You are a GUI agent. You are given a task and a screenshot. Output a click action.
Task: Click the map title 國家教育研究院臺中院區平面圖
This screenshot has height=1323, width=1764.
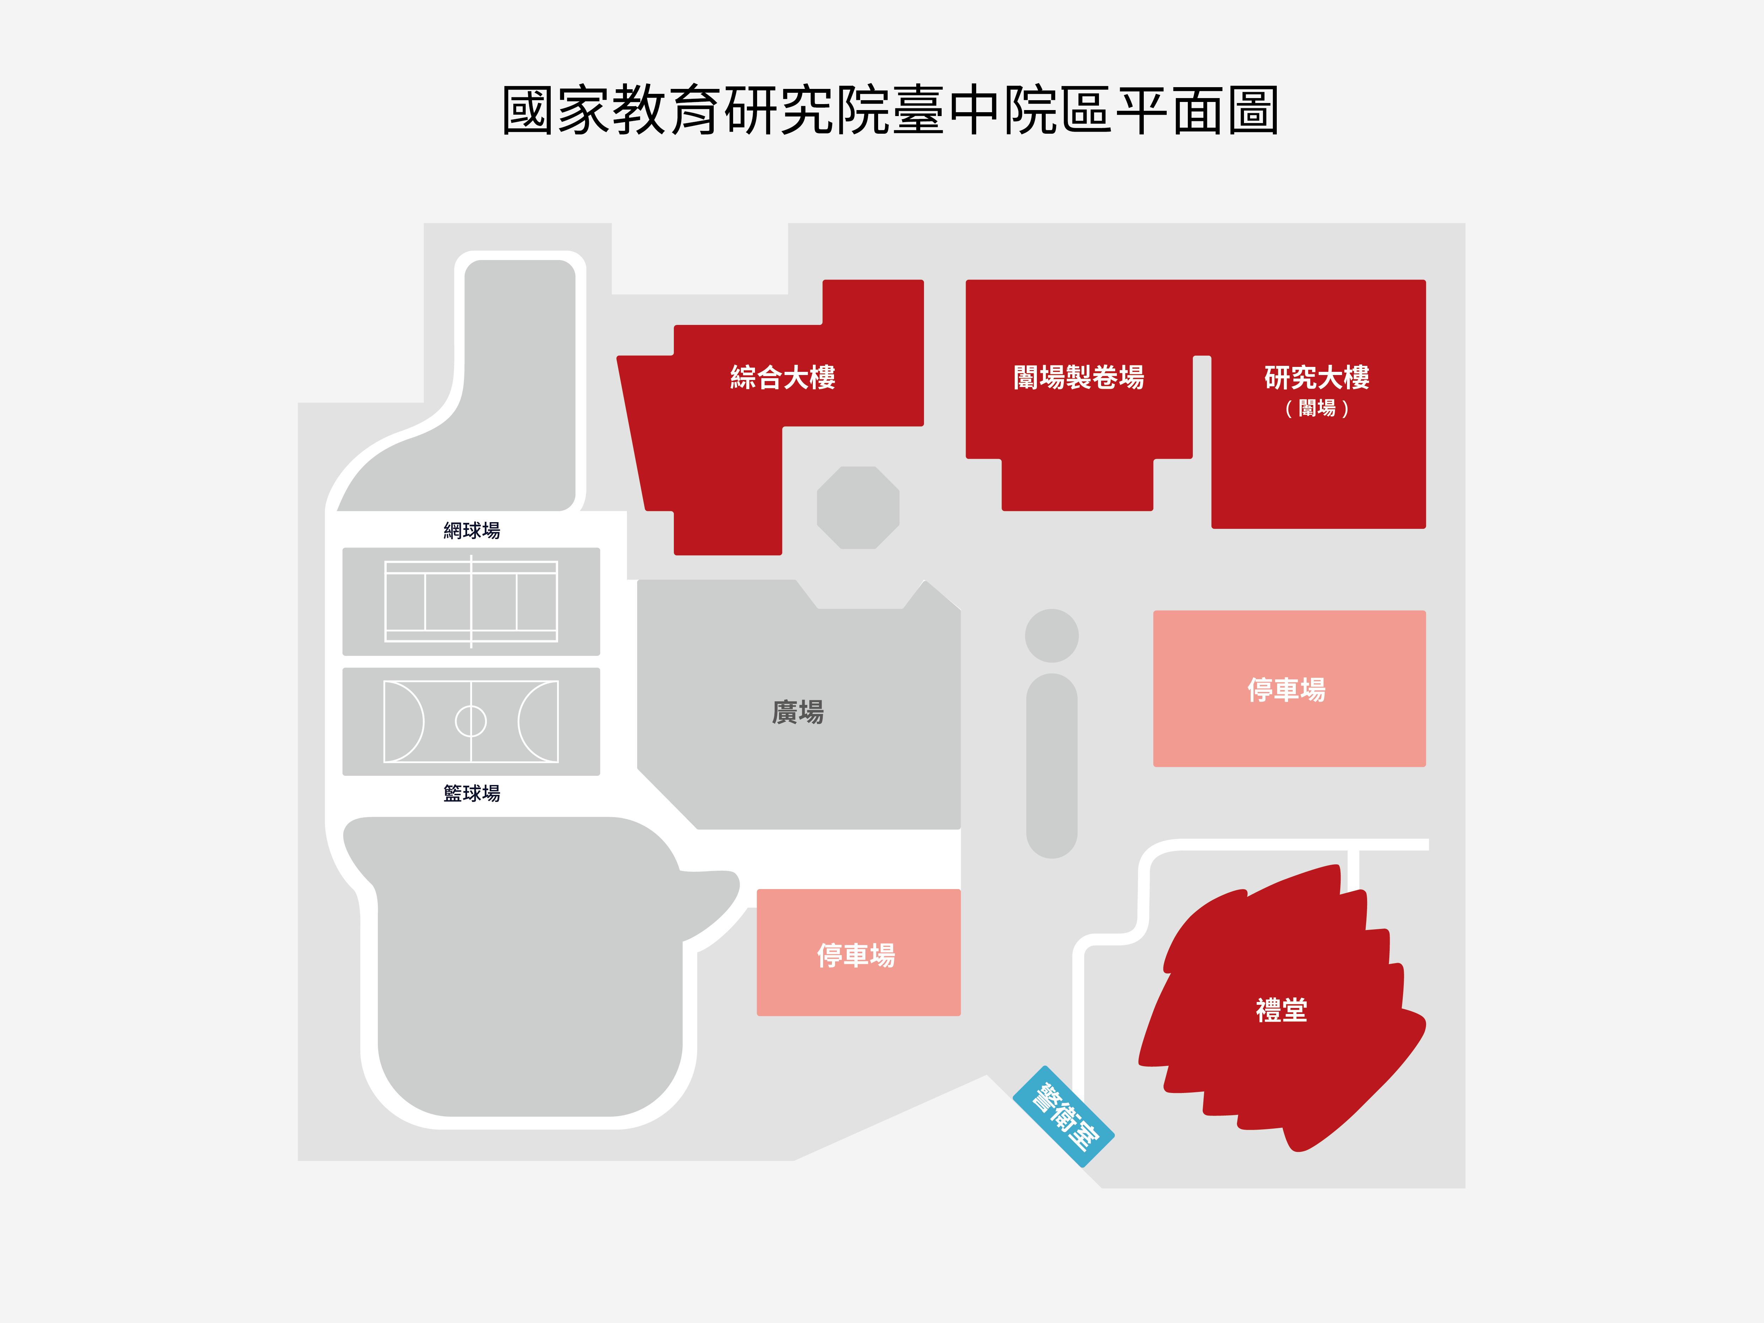click(890, 110)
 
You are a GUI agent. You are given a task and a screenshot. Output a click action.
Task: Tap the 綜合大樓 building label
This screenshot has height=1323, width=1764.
click(782, 377)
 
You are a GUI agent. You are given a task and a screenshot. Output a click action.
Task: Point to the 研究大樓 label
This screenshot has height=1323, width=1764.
click(1317, 377)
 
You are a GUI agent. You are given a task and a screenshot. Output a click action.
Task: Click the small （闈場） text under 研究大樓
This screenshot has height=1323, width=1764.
click(1317, 408)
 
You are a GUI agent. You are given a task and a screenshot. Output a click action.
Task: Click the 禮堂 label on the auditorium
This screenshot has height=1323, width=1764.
click(1281, 1010)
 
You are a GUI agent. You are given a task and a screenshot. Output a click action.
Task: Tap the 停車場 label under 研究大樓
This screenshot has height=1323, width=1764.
click(1286, 689)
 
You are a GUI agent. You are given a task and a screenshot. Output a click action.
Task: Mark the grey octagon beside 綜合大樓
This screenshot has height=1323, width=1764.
click(858, 507)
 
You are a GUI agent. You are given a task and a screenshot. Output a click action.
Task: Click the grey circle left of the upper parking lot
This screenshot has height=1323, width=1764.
click(1052, 636)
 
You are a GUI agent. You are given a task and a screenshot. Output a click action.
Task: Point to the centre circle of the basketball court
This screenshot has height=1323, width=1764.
click(471, 721)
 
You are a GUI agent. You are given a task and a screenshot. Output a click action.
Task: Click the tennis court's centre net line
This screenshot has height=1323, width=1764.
click(471, 601)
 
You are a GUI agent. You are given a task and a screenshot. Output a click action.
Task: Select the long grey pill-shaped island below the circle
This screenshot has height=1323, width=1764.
click(1052, 766)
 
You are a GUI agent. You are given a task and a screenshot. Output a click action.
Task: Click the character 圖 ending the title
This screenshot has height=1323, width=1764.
click(1253, 110)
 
